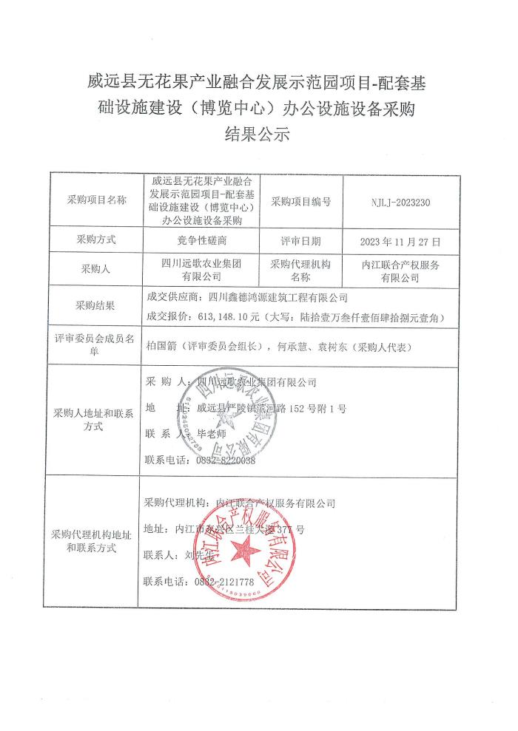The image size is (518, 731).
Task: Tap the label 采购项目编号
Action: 301,201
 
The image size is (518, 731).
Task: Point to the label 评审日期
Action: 301,241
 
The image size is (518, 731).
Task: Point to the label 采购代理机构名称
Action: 301,271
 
